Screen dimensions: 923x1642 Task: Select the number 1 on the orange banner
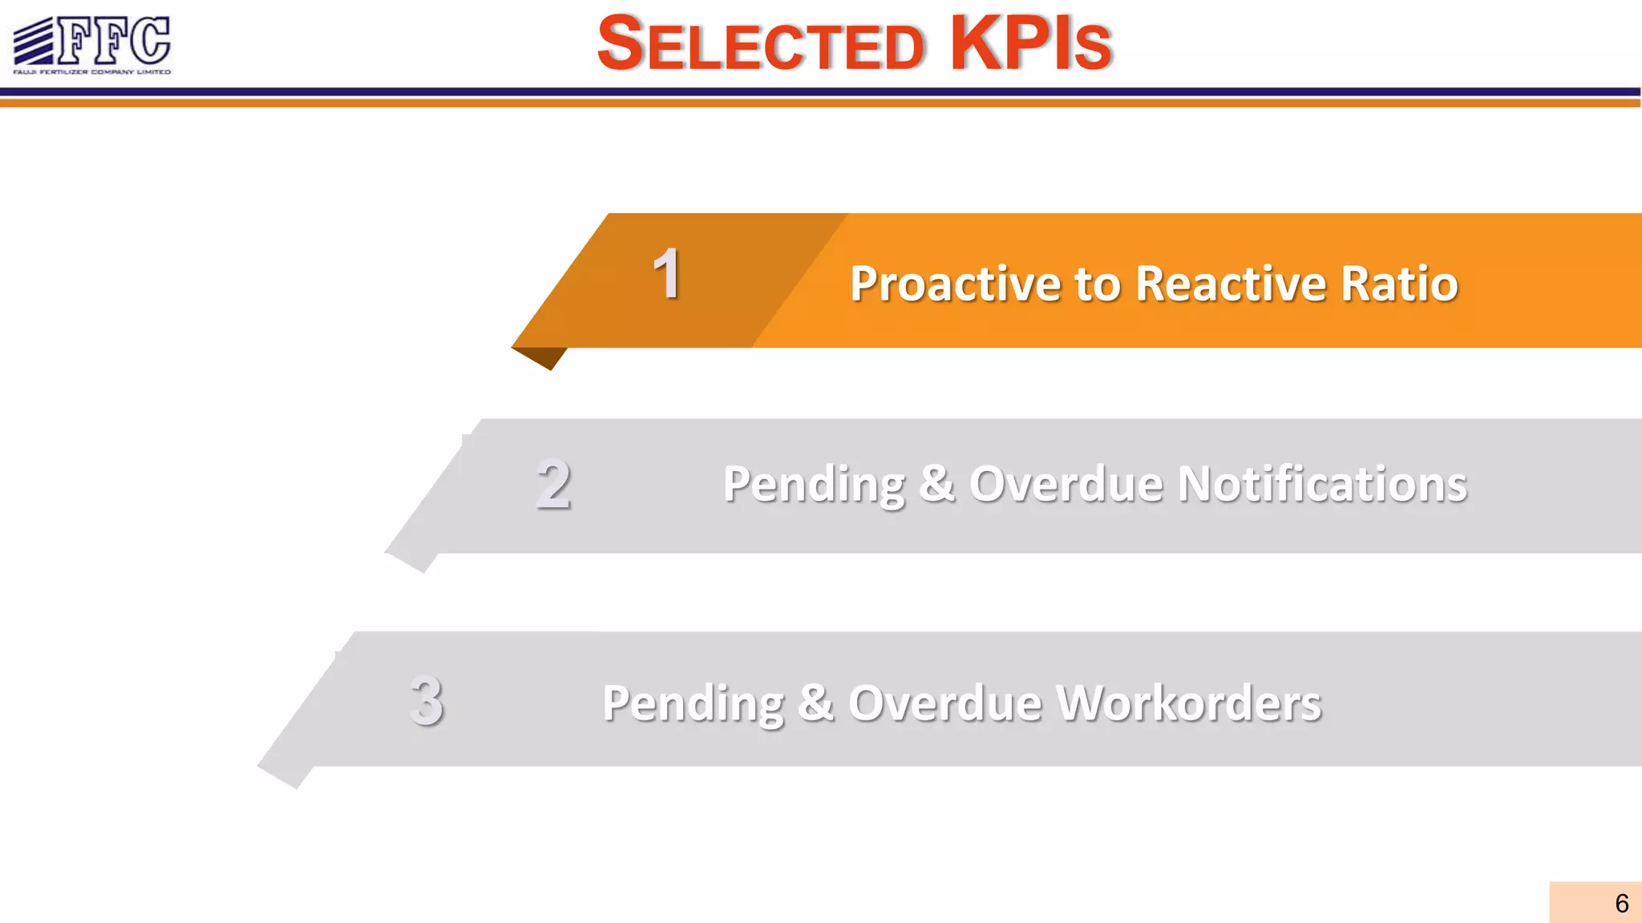(x=666, y=275)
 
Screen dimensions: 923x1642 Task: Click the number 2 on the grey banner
(x=553, y=485)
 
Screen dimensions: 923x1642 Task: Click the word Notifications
(x=1322, y=485)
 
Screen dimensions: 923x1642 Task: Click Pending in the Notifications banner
(x=814, y=486)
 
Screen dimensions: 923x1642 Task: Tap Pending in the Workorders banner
(x=693, y=704)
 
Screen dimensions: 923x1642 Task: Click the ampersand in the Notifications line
(x=936, y=484)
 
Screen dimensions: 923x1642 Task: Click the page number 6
(x=1621, y=904)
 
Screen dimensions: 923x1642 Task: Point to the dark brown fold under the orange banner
(x=544, y=357)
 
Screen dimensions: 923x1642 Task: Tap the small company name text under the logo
(x=92, y=72)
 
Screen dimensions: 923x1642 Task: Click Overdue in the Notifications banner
(x=1066, y=485)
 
